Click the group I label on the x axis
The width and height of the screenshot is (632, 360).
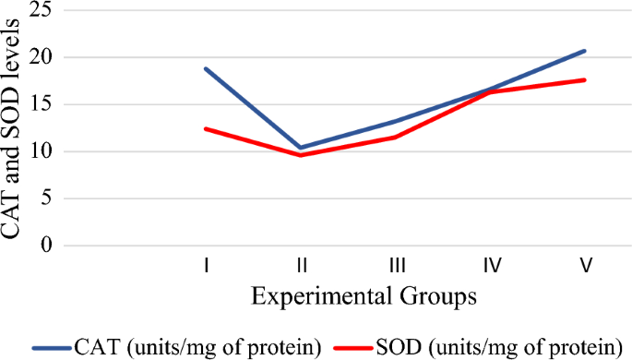207,266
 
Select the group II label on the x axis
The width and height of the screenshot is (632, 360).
301,266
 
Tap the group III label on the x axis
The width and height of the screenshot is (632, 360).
397,266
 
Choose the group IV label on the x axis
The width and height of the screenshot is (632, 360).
491,266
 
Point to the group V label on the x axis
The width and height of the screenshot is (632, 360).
586,266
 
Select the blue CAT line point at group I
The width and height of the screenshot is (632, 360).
206,68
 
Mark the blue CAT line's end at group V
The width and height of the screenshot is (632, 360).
585,51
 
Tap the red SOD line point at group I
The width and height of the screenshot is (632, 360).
206,128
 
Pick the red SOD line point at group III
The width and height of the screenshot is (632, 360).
397,137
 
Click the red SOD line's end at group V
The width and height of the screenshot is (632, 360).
585,79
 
